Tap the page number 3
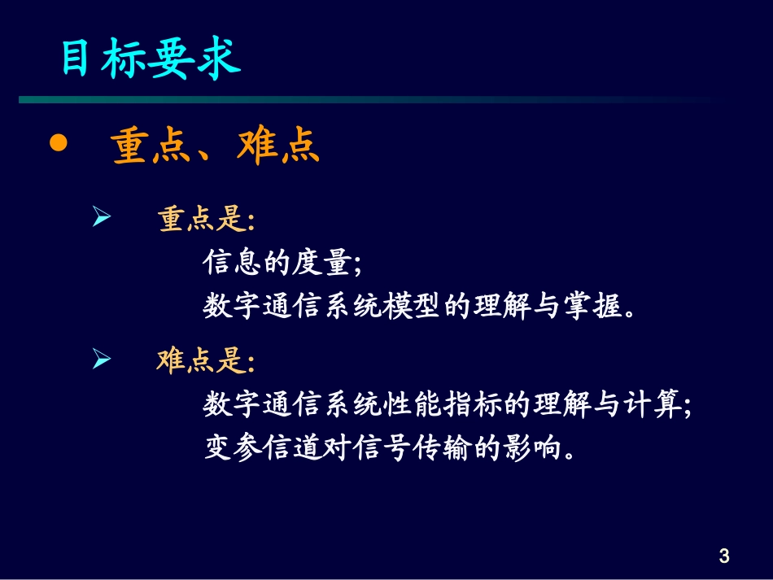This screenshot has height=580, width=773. click(x=724, y=556)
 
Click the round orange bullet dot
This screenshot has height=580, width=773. click(x=58, y=144)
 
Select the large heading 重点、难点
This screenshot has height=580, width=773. click(x=216, y=147)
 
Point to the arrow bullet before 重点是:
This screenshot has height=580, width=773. click(x=101, y=217)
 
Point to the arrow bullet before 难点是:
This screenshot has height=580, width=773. click(x=101, y=359)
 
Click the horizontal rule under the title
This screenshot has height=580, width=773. click(x=366, y=100)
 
